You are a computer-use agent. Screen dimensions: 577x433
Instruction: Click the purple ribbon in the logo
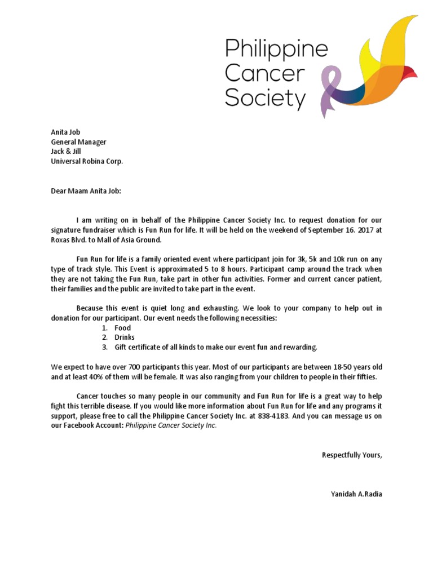point(329,90)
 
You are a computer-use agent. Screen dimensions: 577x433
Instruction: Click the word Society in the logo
point(265,99)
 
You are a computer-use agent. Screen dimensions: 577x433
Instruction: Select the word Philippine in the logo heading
point(276,50)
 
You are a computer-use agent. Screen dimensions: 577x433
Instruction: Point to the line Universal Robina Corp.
point(86,161)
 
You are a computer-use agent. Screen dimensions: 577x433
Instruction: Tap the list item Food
point(122,327)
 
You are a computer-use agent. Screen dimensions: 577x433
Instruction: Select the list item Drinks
point(125,337)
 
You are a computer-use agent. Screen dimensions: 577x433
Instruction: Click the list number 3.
point(104,347)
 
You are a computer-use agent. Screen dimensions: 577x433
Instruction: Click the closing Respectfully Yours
point(351,455)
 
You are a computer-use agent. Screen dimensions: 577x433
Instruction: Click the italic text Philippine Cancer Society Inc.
point(171,426)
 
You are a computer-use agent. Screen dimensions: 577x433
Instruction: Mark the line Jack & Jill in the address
point(66,152)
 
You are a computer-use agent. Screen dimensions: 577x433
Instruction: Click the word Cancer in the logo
point(265,74)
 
